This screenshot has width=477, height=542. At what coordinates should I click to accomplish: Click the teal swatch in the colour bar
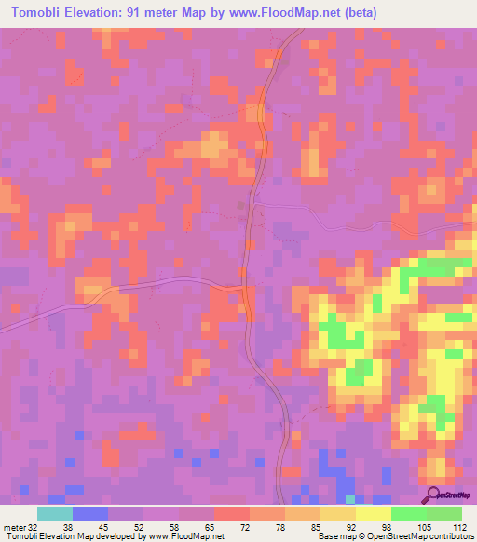tap(55, 513)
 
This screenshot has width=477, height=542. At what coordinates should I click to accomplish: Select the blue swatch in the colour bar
tap(90, 513)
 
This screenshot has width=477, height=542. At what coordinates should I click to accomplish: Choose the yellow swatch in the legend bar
tap(373, 513)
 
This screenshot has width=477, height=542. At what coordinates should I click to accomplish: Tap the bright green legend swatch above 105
tap(408, 513)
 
